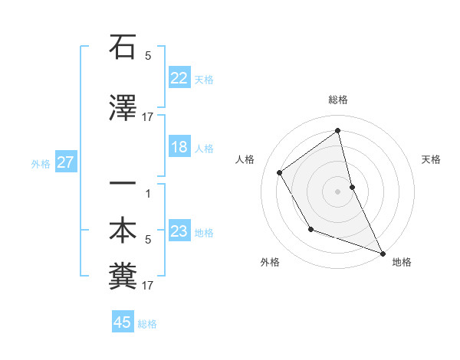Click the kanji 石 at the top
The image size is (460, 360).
coord(123,47)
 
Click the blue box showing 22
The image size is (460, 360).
coord(179,78)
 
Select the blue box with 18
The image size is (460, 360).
coord(179,147)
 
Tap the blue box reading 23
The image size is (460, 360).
coord(179,231)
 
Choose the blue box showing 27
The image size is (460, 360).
coord(66,162)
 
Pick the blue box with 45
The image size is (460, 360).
coord(123,322)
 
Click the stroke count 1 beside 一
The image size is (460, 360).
coord(148,193)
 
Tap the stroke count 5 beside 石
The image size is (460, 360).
coord(148,56)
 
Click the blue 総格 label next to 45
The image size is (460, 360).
coord(147,324)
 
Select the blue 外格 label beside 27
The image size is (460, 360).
coord(41,163)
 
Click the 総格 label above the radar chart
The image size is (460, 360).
coord(337,100)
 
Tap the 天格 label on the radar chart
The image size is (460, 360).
coord(431,159)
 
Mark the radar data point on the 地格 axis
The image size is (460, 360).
coord(384,254)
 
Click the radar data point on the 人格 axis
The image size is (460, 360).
coord(280,173)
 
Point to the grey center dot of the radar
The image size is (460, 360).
coord(337,191)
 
